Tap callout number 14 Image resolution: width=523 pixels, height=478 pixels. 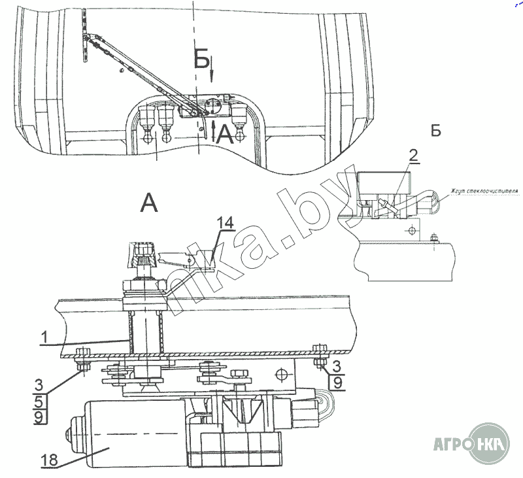click(x=225, y=223)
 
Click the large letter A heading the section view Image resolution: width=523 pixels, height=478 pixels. click(x=149, y=204)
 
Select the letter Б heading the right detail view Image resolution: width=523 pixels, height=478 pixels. click(x=435, y=130)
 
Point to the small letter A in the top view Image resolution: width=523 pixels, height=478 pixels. click(x=224, y=134)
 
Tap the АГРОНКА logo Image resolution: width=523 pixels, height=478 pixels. click(x=471, y=449)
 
